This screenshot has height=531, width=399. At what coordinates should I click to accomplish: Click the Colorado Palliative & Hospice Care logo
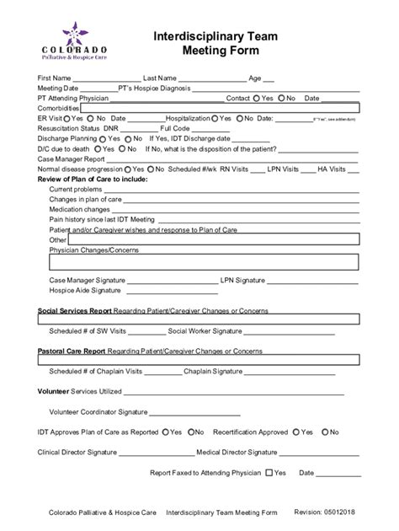71,42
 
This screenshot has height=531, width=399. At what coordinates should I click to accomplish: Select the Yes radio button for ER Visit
67,119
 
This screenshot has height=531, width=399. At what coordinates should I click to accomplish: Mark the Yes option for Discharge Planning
103,138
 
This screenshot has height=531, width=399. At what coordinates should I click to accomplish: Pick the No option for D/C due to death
123,148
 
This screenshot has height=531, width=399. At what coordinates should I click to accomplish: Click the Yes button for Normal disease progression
126,169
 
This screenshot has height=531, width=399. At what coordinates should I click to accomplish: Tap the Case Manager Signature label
88,280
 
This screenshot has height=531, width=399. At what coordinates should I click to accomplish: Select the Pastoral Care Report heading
72,350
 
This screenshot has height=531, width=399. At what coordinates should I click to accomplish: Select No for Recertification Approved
324,432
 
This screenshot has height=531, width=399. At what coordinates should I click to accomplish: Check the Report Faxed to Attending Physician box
269,473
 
